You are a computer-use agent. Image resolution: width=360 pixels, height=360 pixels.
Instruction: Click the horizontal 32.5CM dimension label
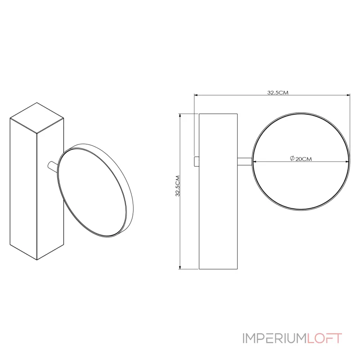coord(278,93)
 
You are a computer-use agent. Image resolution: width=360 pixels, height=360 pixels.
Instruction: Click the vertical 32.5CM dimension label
coord(177,186)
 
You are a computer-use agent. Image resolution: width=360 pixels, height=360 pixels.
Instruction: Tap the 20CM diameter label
coord(303,159)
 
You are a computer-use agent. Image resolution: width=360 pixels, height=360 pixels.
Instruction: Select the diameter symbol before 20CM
coord(292,158)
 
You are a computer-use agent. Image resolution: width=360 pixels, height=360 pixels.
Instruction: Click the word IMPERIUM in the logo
coord(275,338)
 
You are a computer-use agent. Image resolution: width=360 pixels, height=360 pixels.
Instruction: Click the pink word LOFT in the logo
coord(324,338)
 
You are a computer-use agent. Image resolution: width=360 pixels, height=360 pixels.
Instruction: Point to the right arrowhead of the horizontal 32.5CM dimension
coord(348,94)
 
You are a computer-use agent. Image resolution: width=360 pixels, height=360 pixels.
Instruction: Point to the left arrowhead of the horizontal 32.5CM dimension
coord(196,94)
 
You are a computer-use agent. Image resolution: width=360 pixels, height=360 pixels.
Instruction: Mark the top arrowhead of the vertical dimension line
coord(180,116)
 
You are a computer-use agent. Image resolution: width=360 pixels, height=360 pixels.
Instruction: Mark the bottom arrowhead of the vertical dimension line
coord(180,267)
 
